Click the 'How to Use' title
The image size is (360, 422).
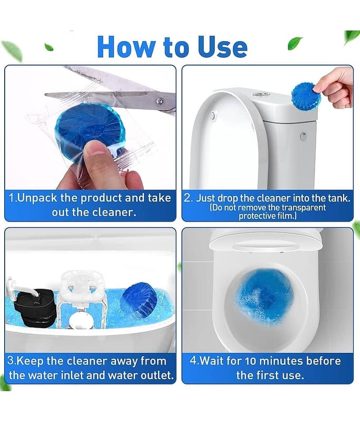[x=172, y=47]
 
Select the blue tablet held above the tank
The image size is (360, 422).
[x=306, y=96]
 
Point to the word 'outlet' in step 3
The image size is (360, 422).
[x=155, y=376]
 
